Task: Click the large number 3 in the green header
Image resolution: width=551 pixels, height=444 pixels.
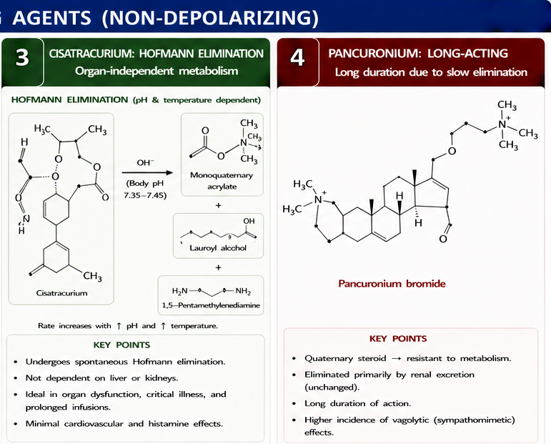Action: (x=22, y=57)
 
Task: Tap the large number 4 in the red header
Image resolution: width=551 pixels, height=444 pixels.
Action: (x=297, y=58)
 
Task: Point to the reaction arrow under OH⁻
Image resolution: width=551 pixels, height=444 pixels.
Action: (x=147, y=172)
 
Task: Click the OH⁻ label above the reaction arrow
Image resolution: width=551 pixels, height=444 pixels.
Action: (x=146, y=162)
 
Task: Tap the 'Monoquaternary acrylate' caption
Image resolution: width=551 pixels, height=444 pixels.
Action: (x=222, y=181)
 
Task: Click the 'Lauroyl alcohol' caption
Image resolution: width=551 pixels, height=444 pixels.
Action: (x=218, y=248)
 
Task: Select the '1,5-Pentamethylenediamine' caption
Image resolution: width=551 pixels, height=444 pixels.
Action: (x=211, y=305)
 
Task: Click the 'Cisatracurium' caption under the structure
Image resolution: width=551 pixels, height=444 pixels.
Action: (x=62, y=293)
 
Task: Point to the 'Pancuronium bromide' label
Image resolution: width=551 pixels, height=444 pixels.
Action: (x=392, y=284)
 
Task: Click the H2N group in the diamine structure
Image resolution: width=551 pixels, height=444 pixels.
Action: (x=179, y=291)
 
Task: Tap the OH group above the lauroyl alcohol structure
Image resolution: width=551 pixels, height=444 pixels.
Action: (x=249, y=221)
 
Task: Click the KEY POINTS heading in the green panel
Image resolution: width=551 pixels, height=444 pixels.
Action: (x=121, y=345)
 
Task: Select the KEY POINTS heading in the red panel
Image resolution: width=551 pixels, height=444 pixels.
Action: (x=398, y=338)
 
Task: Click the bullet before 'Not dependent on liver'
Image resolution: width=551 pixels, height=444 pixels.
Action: (x=16, y=378)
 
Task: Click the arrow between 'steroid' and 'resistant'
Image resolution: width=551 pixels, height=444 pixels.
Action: (x=396, y=359)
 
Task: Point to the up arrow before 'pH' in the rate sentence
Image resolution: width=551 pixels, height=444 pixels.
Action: (x=119, y=326)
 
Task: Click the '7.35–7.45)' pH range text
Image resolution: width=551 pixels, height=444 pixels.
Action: (x=145, y=195)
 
